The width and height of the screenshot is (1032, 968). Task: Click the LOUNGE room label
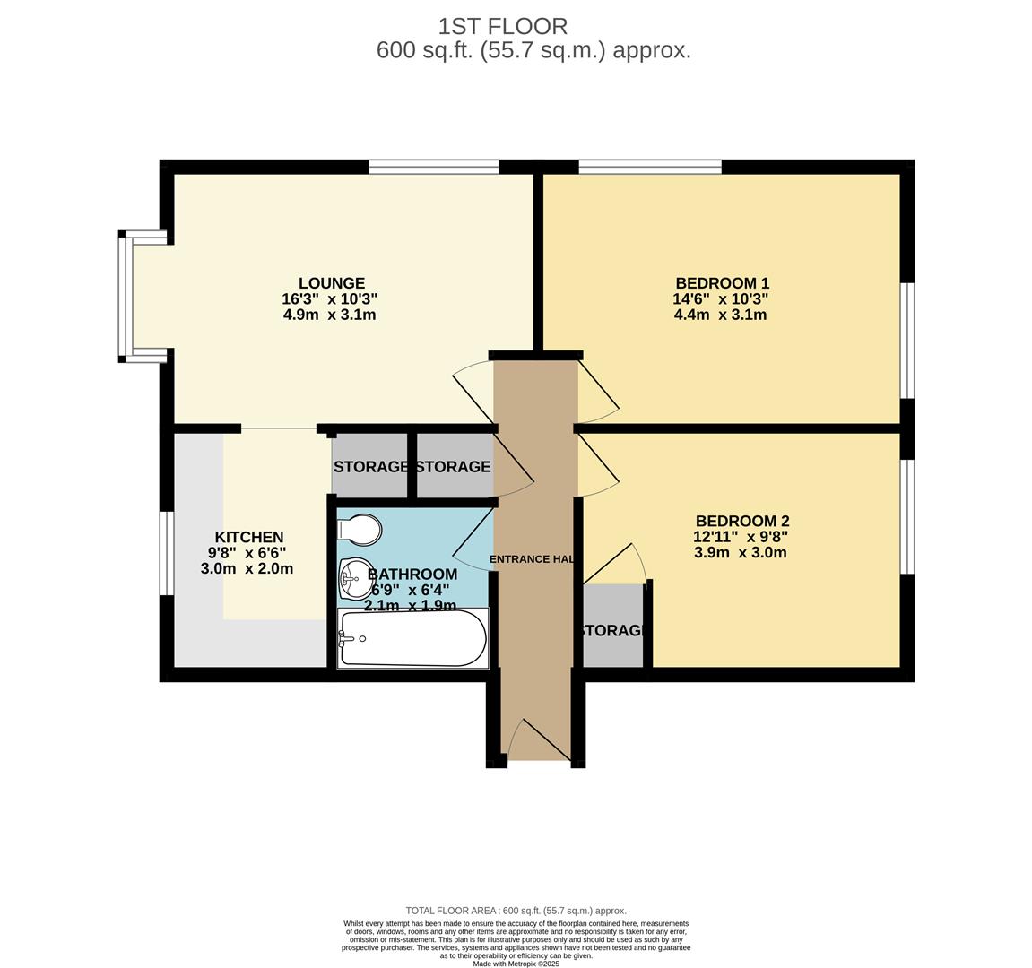(331, 283)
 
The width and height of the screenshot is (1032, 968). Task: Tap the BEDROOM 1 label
(722, 283)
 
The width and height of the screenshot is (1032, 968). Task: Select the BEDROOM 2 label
(742, 521)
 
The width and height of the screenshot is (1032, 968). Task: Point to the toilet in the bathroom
(360, 529)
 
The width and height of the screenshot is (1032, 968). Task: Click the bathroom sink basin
(354, 578)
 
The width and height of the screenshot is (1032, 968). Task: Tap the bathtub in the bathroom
(413, 638)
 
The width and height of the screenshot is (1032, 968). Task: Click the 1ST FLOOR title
(502, 26)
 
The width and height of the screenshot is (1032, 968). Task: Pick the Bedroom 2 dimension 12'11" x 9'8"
(741, 537)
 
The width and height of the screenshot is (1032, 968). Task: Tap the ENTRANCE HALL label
(532, 559)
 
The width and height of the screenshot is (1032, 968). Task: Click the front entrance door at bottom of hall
(539, 740)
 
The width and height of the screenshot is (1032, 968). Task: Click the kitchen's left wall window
(166, 552)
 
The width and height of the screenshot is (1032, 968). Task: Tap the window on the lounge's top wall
(433, 167)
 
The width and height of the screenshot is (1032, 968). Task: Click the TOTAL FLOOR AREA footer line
(516, 910)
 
